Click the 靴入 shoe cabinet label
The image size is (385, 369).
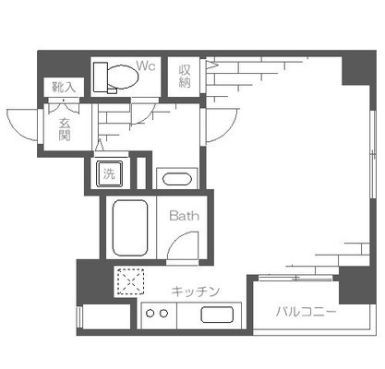coord(64,87)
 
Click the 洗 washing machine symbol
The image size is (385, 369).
coord(108,173)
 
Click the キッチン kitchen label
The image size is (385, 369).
coord(196,292)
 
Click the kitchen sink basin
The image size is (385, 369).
coord(220,314)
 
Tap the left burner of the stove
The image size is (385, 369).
coord(150,314)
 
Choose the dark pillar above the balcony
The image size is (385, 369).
coord(353,283)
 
